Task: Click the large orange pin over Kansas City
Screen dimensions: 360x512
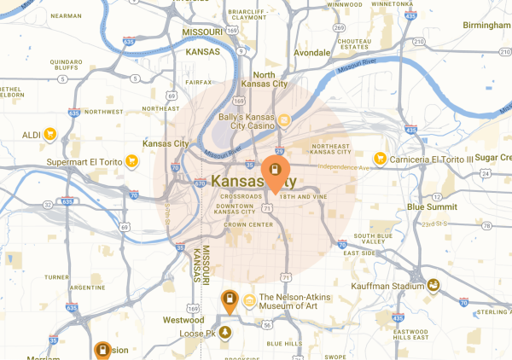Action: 274,171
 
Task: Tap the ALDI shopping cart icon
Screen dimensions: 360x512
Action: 49,134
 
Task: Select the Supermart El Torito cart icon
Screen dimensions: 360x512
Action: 131,160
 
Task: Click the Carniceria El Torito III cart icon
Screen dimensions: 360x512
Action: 380,158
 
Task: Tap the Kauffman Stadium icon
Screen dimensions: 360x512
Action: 433,286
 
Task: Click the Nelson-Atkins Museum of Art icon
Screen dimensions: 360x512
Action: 250,299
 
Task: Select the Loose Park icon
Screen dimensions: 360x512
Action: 225,332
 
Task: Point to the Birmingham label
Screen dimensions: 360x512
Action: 484,25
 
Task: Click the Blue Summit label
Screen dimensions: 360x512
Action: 428,206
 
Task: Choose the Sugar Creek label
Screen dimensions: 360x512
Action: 492,159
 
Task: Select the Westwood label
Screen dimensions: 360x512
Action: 183,319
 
